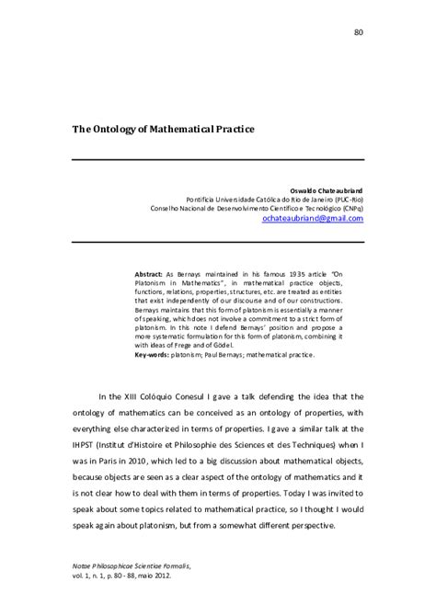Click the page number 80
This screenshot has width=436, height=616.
coord(359,33)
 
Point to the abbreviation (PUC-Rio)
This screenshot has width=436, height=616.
coord(346,198)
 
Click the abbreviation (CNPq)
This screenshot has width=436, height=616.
coord(350,208)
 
